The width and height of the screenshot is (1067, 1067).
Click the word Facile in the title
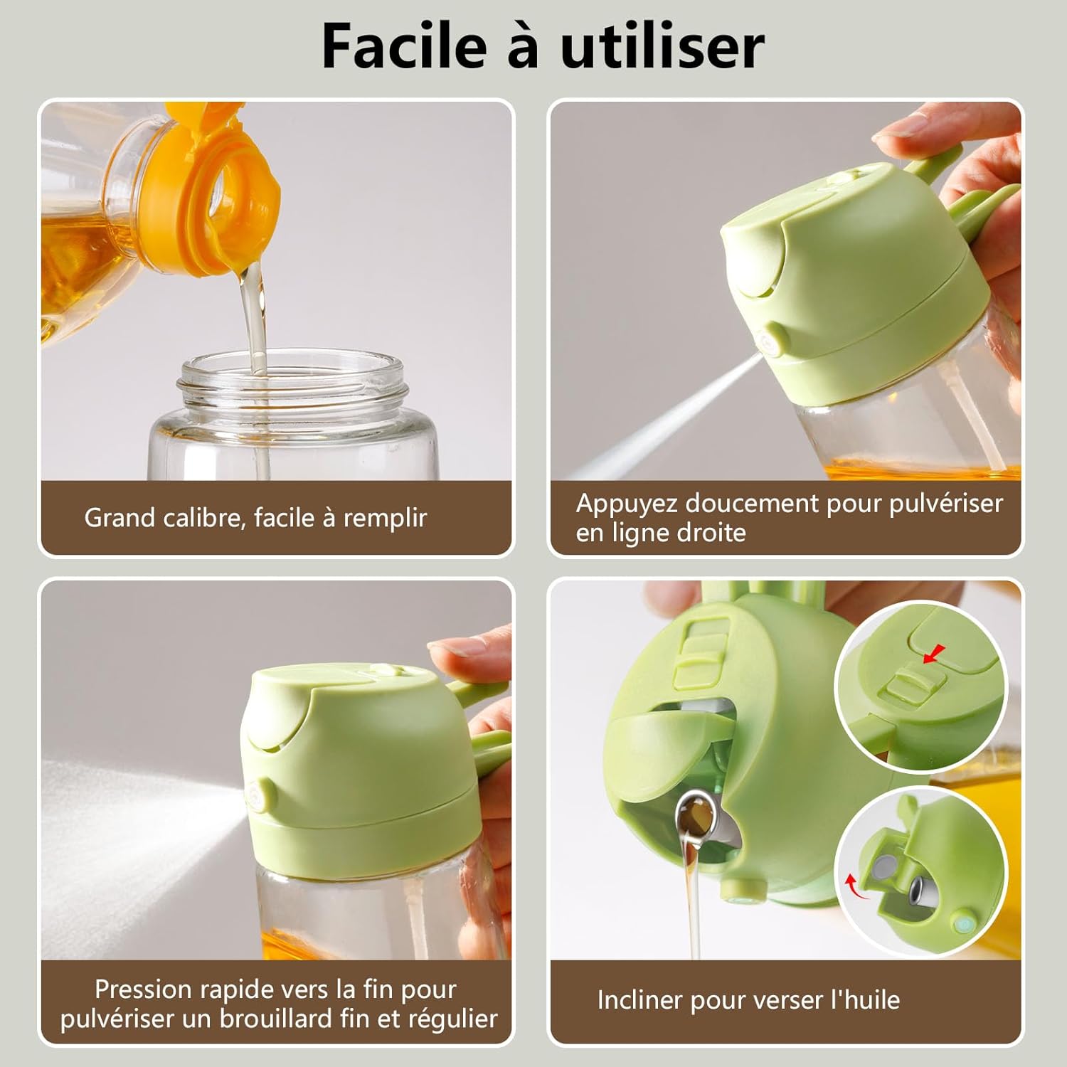click(x=403, y=46)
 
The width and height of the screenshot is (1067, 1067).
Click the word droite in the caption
click(x=713, y=533)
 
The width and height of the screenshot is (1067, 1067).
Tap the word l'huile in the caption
click(x=865, y=1000)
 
